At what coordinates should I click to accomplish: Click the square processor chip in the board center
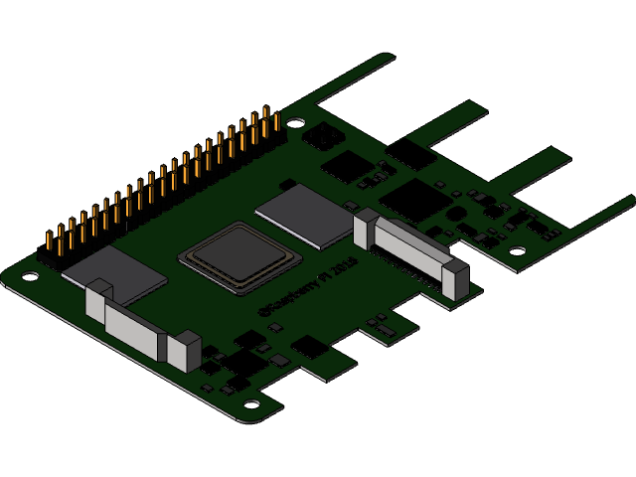tap(240, 257)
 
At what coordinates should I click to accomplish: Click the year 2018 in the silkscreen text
tap(342, 269)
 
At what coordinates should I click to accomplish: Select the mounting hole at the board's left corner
tap(31, 275)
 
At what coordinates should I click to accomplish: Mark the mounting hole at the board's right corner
tap(518, 250)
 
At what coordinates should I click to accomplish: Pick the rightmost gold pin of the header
tap(277, 120)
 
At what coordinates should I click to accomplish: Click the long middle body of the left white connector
tap(135, 328)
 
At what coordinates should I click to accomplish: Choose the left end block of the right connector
tap(365, 229)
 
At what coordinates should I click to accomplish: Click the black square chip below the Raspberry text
tap(310, 347)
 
